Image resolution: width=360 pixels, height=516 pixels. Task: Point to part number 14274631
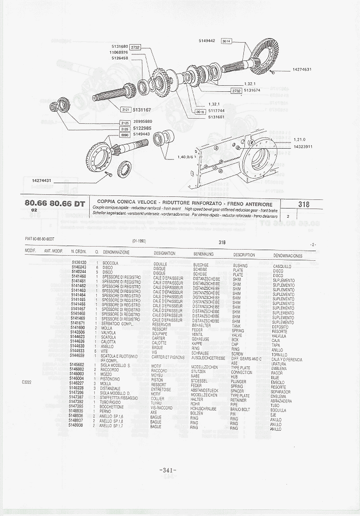(302, 70)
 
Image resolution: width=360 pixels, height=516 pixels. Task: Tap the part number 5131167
(142, 110)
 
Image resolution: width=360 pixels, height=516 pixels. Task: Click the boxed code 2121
(126, 110)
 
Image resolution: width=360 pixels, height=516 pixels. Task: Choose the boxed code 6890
(125, 134)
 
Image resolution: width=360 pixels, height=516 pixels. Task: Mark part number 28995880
(142, 122)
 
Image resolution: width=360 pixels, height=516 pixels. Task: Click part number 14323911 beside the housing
(303, 147)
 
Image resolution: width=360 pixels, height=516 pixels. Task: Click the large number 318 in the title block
(304, 204)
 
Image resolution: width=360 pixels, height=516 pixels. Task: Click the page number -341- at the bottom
(168, 470)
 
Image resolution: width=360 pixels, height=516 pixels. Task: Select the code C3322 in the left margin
(28, 381)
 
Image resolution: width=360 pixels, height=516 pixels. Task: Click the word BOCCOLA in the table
(110, 263)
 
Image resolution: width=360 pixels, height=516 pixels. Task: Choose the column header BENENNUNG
(203, 254)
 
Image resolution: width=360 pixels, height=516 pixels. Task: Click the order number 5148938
(77, 425)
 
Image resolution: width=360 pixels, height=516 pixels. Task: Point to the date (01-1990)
(139, 242)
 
